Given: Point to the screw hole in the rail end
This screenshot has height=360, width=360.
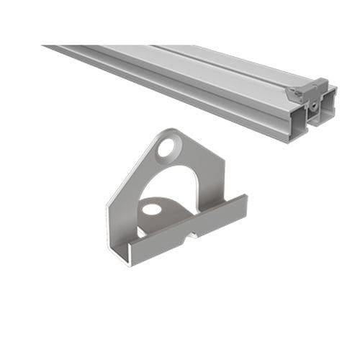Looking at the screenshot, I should [x=315, y=105].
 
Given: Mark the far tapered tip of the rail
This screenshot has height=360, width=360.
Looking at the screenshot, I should [x=50, y=48].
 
